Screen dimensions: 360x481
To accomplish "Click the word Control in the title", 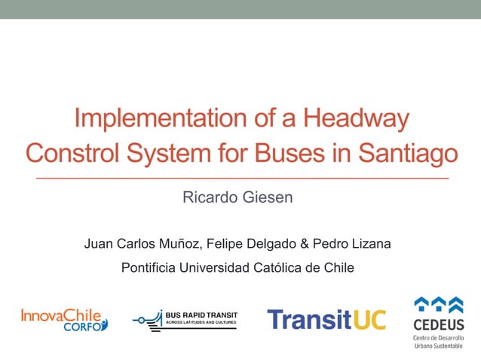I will click(x=73, y=153).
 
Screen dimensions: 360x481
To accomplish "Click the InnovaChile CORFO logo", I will click(x=64, y=319).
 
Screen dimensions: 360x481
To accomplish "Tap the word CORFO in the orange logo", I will click(x=84, y=328).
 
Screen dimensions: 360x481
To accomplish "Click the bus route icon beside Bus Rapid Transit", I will click(x=148, y=319).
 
